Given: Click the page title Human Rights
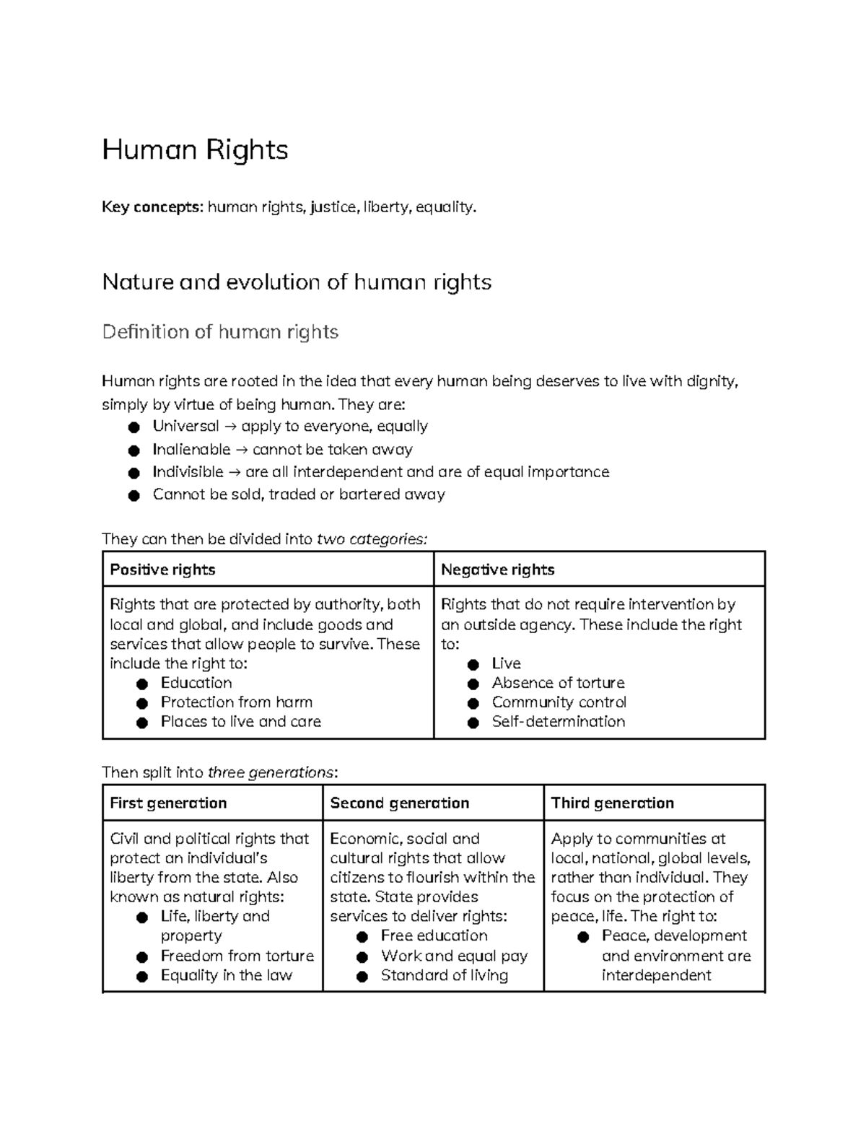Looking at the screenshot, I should (x=195, y=150).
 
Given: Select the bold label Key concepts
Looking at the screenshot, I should (x=152, y=207).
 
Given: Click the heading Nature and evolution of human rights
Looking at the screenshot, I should (x=297, y=282).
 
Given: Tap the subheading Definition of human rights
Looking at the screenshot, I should (x=220, y=332).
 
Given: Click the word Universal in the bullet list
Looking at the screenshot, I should (x=185, y=427).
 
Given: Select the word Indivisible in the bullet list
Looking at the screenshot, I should (x=188, y=472).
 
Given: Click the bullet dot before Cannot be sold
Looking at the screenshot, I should (x=133, y=495).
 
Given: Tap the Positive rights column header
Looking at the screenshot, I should (x=162, y=570).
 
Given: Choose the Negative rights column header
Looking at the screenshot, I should (x=497, y=570).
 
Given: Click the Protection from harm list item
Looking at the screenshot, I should (x=236, y=702).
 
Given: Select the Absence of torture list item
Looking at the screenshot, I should (x=558, y=683).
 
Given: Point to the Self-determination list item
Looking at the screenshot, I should (x=558, y=722).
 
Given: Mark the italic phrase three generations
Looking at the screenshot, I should (x=271, y=773).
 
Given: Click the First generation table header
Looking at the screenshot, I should (x=168, y=803).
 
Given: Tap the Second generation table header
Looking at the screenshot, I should (x=399, y=803).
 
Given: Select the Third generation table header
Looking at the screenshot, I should (x=612, y=803).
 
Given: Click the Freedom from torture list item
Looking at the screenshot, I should (x=237, y=956).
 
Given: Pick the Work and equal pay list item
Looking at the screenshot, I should (x=454, y=956).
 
